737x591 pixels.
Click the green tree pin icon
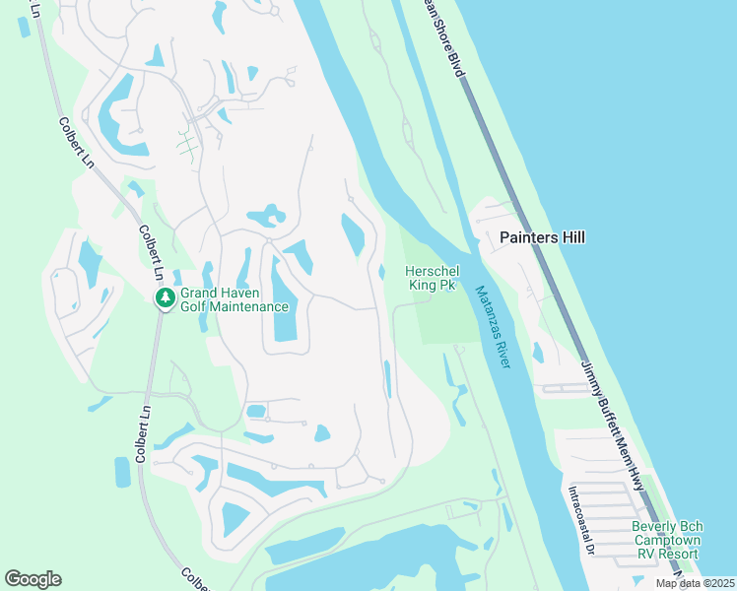tap(166, 297)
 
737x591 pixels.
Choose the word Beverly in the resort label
tap(653, 527)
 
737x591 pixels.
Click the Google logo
tap(33, 578)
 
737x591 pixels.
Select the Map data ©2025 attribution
tap(695, 583)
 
